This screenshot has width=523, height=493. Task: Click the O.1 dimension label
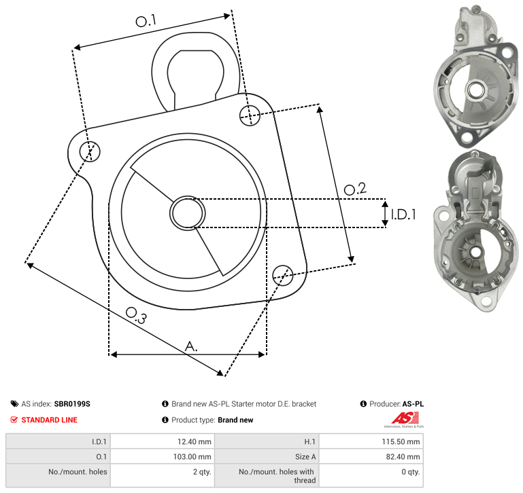click(146, 21)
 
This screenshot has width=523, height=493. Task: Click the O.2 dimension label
click(355, 189)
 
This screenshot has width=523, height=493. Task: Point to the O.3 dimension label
click(136, 315)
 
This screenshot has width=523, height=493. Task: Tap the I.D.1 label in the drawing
click(403, 215)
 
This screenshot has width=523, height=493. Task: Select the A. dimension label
click(191, 346)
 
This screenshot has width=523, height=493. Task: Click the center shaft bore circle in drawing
click(188, 213)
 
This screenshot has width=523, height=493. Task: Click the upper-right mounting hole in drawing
click(250, 115)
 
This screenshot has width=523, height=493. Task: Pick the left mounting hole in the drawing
click(90, 151)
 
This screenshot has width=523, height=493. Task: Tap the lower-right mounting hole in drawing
click(283, 275)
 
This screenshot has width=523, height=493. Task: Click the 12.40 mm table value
click(194, 441)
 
